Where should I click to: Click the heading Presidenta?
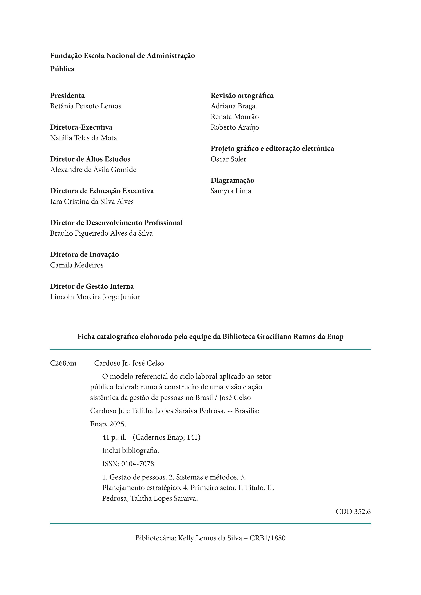point(67,96)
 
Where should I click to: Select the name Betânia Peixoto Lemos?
point(86,106)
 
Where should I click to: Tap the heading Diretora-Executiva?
point(81,128)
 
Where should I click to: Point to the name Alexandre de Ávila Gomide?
point(93,170)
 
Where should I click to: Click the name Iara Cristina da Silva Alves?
point(92,202)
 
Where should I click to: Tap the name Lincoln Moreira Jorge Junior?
point(95,297)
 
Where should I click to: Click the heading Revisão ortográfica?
point(242,96)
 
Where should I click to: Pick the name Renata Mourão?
point(235,117)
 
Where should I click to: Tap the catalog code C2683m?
point(63,363)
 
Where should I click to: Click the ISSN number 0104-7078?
point(138,464)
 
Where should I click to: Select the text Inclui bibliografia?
point(130,451)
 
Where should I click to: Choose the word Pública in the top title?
point(62,69)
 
